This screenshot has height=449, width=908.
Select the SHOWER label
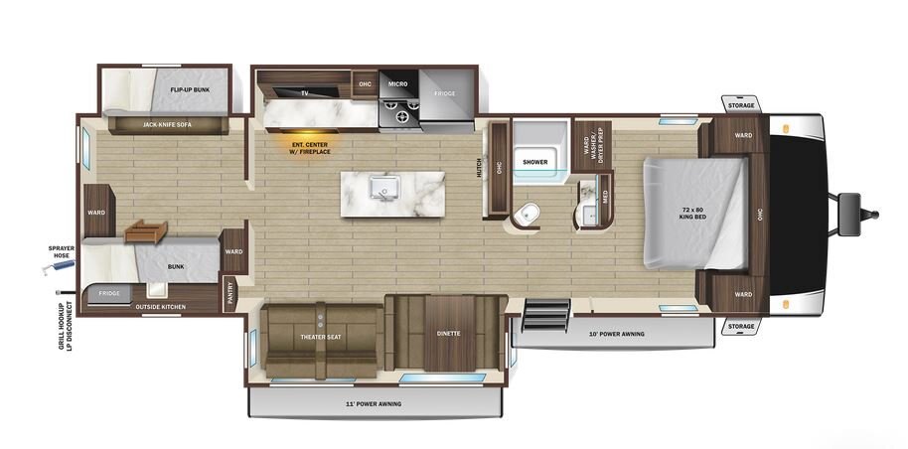click(x=535, y=162)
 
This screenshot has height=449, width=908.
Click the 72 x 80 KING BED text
click(x=692, y=212)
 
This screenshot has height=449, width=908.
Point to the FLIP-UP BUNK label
click(x=190, y=89)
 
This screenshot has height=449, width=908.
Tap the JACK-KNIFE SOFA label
click(x=167, y=124)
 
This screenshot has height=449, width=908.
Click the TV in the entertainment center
click(x=304, y=91)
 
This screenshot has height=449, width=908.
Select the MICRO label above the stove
click(x=397, y=84)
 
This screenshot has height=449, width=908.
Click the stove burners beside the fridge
click(x=398, y=112)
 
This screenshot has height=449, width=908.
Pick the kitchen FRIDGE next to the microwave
click(x=446, y=93)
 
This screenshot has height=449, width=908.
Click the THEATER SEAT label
click(x=321, y=337)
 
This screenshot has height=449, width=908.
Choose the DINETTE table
click(x=448, y=333)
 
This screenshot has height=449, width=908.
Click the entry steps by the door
click(x=545, y=316)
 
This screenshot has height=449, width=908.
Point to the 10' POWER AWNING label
click(x=616, y=335)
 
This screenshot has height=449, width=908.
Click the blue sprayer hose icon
click(x=59, y=267)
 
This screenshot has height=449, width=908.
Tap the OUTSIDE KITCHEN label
click(x=161, y=307)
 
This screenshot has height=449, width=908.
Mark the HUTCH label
click(x=480, y=168)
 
